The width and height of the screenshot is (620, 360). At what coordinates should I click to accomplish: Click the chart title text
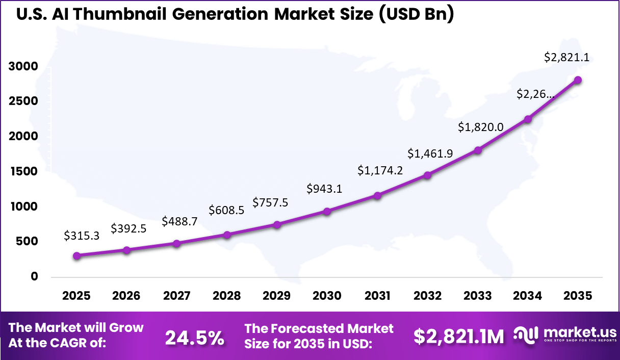pos(235,14)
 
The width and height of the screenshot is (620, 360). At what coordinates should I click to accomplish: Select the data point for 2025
pos(76,256)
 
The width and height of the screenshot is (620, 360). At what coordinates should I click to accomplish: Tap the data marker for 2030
pos(327,211)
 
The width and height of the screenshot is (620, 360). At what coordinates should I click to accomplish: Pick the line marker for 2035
pos(578,80)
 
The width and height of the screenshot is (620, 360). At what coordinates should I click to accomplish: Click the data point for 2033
pos(478,150)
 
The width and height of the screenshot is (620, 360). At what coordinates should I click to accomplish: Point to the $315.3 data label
pos(82,236)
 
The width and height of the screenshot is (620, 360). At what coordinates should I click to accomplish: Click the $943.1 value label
pos(324,189)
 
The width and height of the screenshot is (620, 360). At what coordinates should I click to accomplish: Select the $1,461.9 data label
pos(430,153)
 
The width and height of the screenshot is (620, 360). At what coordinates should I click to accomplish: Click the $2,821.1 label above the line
pos(566,58)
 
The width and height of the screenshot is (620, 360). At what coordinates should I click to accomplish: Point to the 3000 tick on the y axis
pos(23,66)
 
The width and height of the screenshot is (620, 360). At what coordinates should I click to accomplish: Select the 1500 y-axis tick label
pos(23,171)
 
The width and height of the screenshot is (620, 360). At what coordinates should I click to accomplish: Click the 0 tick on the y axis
pos(35,276)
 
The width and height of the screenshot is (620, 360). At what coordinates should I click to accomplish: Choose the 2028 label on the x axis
pos(227,296)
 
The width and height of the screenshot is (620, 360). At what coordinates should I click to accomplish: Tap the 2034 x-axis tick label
pos(528,296)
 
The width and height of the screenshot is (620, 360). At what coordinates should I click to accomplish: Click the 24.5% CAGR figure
pos(194,337)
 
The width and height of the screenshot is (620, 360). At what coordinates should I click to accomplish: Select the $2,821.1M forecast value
pos(458,337)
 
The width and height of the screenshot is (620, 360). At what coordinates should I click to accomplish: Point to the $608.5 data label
pos(226,210)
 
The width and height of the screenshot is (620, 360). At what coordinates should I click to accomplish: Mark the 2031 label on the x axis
pos(377,296)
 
